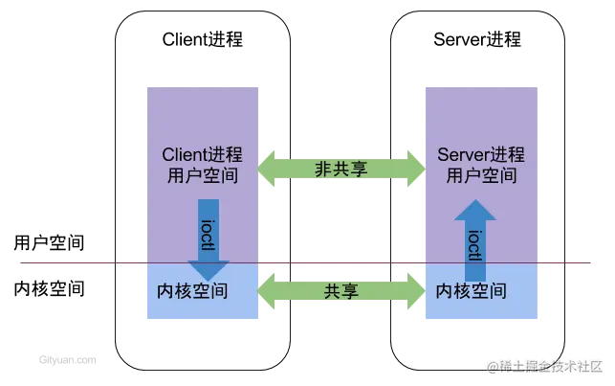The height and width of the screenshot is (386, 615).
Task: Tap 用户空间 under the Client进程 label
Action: coord(202,176)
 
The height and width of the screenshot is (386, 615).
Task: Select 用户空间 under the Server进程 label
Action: coord(483,176)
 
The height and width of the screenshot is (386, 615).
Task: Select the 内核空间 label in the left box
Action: coord(191,290)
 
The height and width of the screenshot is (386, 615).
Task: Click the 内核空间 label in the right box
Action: coord(472,290)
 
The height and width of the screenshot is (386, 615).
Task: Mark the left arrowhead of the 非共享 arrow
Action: coord(269,169)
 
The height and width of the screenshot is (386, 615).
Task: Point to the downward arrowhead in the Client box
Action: coord(209,269)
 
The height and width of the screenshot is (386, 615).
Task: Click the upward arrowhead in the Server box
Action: coord(474,211)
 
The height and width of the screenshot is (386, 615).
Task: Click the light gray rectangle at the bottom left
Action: coord(68,360)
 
